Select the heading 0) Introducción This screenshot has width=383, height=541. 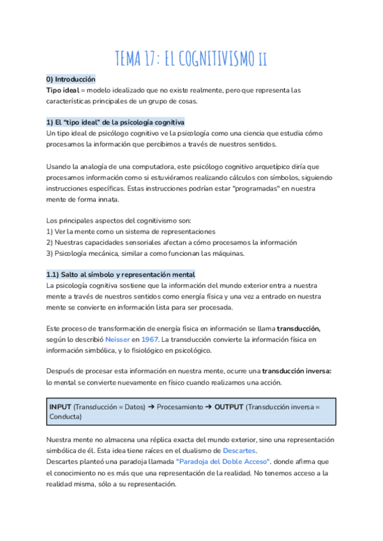70,79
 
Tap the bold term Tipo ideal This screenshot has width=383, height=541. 63,90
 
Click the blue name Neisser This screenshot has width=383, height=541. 117,339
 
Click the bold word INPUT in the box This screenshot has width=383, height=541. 60,406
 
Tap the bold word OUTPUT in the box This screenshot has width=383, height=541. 229,406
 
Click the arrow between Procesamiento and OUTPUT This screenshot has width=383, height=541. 207,406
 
